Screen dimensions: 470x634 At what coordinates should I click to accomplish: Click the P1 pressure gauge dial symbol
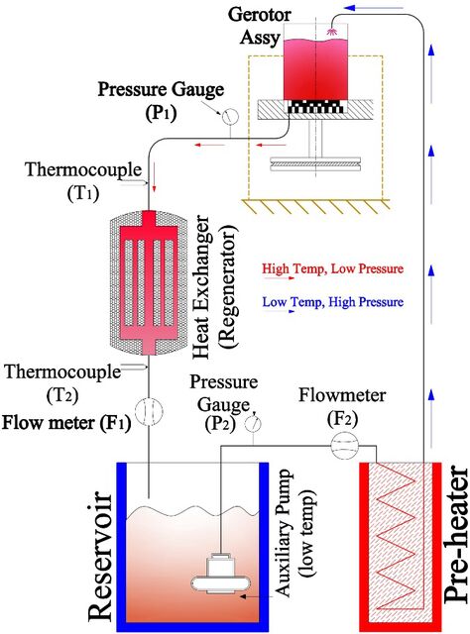pos(230,117)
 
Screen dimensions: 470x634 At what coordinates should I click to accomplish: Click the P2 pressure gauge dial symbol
pos(253,424)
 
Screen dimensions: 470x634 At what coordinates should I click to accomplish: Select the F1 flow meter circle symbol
pos(149,412)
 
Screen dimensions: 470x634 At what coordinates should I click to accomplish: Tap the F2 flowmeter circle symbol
pos(345,445)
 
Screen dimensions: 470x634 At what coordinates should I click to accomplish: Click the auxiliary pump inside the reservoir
pos(221,574)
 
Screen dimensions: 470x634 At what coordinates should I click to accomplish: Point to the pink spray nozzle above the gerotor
pos(331,31)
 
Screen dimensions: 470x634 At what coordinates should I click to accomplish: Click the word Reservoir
pos(99,557)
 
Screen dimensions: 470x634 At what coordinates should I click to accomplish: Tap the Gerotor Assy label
pos(260,26)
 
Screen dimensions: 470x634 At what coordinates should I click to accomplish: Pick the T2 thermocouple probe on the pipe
pos(135,367)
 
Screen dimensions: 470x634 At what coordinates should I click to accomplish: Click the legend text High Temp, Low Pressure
pos(333,268)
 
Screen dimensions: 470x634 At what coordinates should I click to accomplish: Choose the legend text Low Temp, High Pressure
pos(333,302)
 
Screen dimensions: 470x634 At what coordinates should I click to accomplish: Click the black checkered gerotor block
pos(315,107)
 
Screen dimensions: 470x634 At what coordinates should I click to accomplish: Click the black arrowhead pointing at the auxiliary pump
pos(243,596)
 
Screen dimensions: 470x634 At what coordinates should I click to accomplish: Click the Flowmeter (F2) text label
pos(342,407)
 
